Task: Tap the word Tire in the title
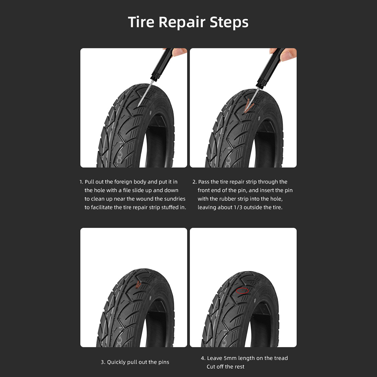tap(141, 22)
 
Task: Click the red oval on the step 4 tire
tap(242, 291)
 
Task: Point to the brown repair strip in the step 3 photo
tap(138, 284)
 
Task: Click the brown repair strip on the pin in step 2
tap(248, 106)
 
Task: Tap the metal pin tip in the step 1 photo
tap(138, 106)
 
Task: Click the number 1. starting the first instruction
tap(81, 182)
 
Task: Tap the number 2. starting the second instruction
tap(195, 182)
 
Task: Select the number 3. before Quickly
tap(103, 362)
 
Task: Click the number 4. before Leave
tap(203, 358)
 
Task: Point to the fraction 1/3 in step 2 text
tap(238, 207)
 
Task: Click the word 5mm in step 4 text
tap(230, 358)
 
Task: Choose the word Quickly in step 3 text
tap(116, 362)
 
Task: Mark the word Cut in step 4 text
tap(211, 367)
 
